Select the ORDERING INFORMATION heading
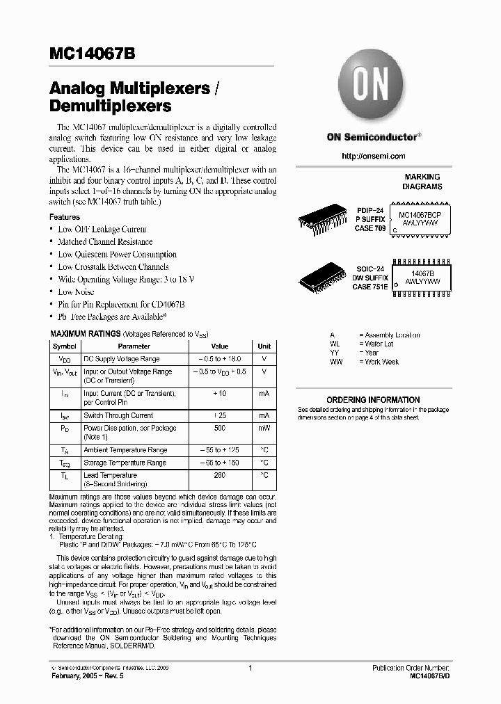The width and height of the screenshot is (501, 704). point(373,400)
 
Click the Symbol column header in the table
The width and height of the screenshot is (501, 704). point(65,346)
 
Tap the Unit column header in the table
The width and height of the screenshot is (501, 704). point(264,346)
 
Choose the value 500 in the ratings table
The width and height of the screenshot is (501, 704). point(220,429)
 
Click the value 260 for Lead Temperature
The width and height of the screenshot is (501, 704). point(220,476)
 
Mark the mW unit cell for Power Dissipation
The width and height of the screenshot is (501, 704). point(264,429)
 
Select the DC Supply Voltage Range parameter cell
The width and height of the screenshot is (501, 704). point(122,359)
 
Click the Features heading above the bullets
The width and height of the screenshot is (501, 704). point(64,217)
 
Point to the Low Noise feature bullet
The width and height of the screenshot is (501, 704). point(76,292)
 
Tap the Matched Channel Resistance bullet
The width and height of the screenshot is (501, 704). point(105,242)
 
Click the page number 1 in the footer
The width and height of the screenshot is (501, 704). point(250,668)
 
